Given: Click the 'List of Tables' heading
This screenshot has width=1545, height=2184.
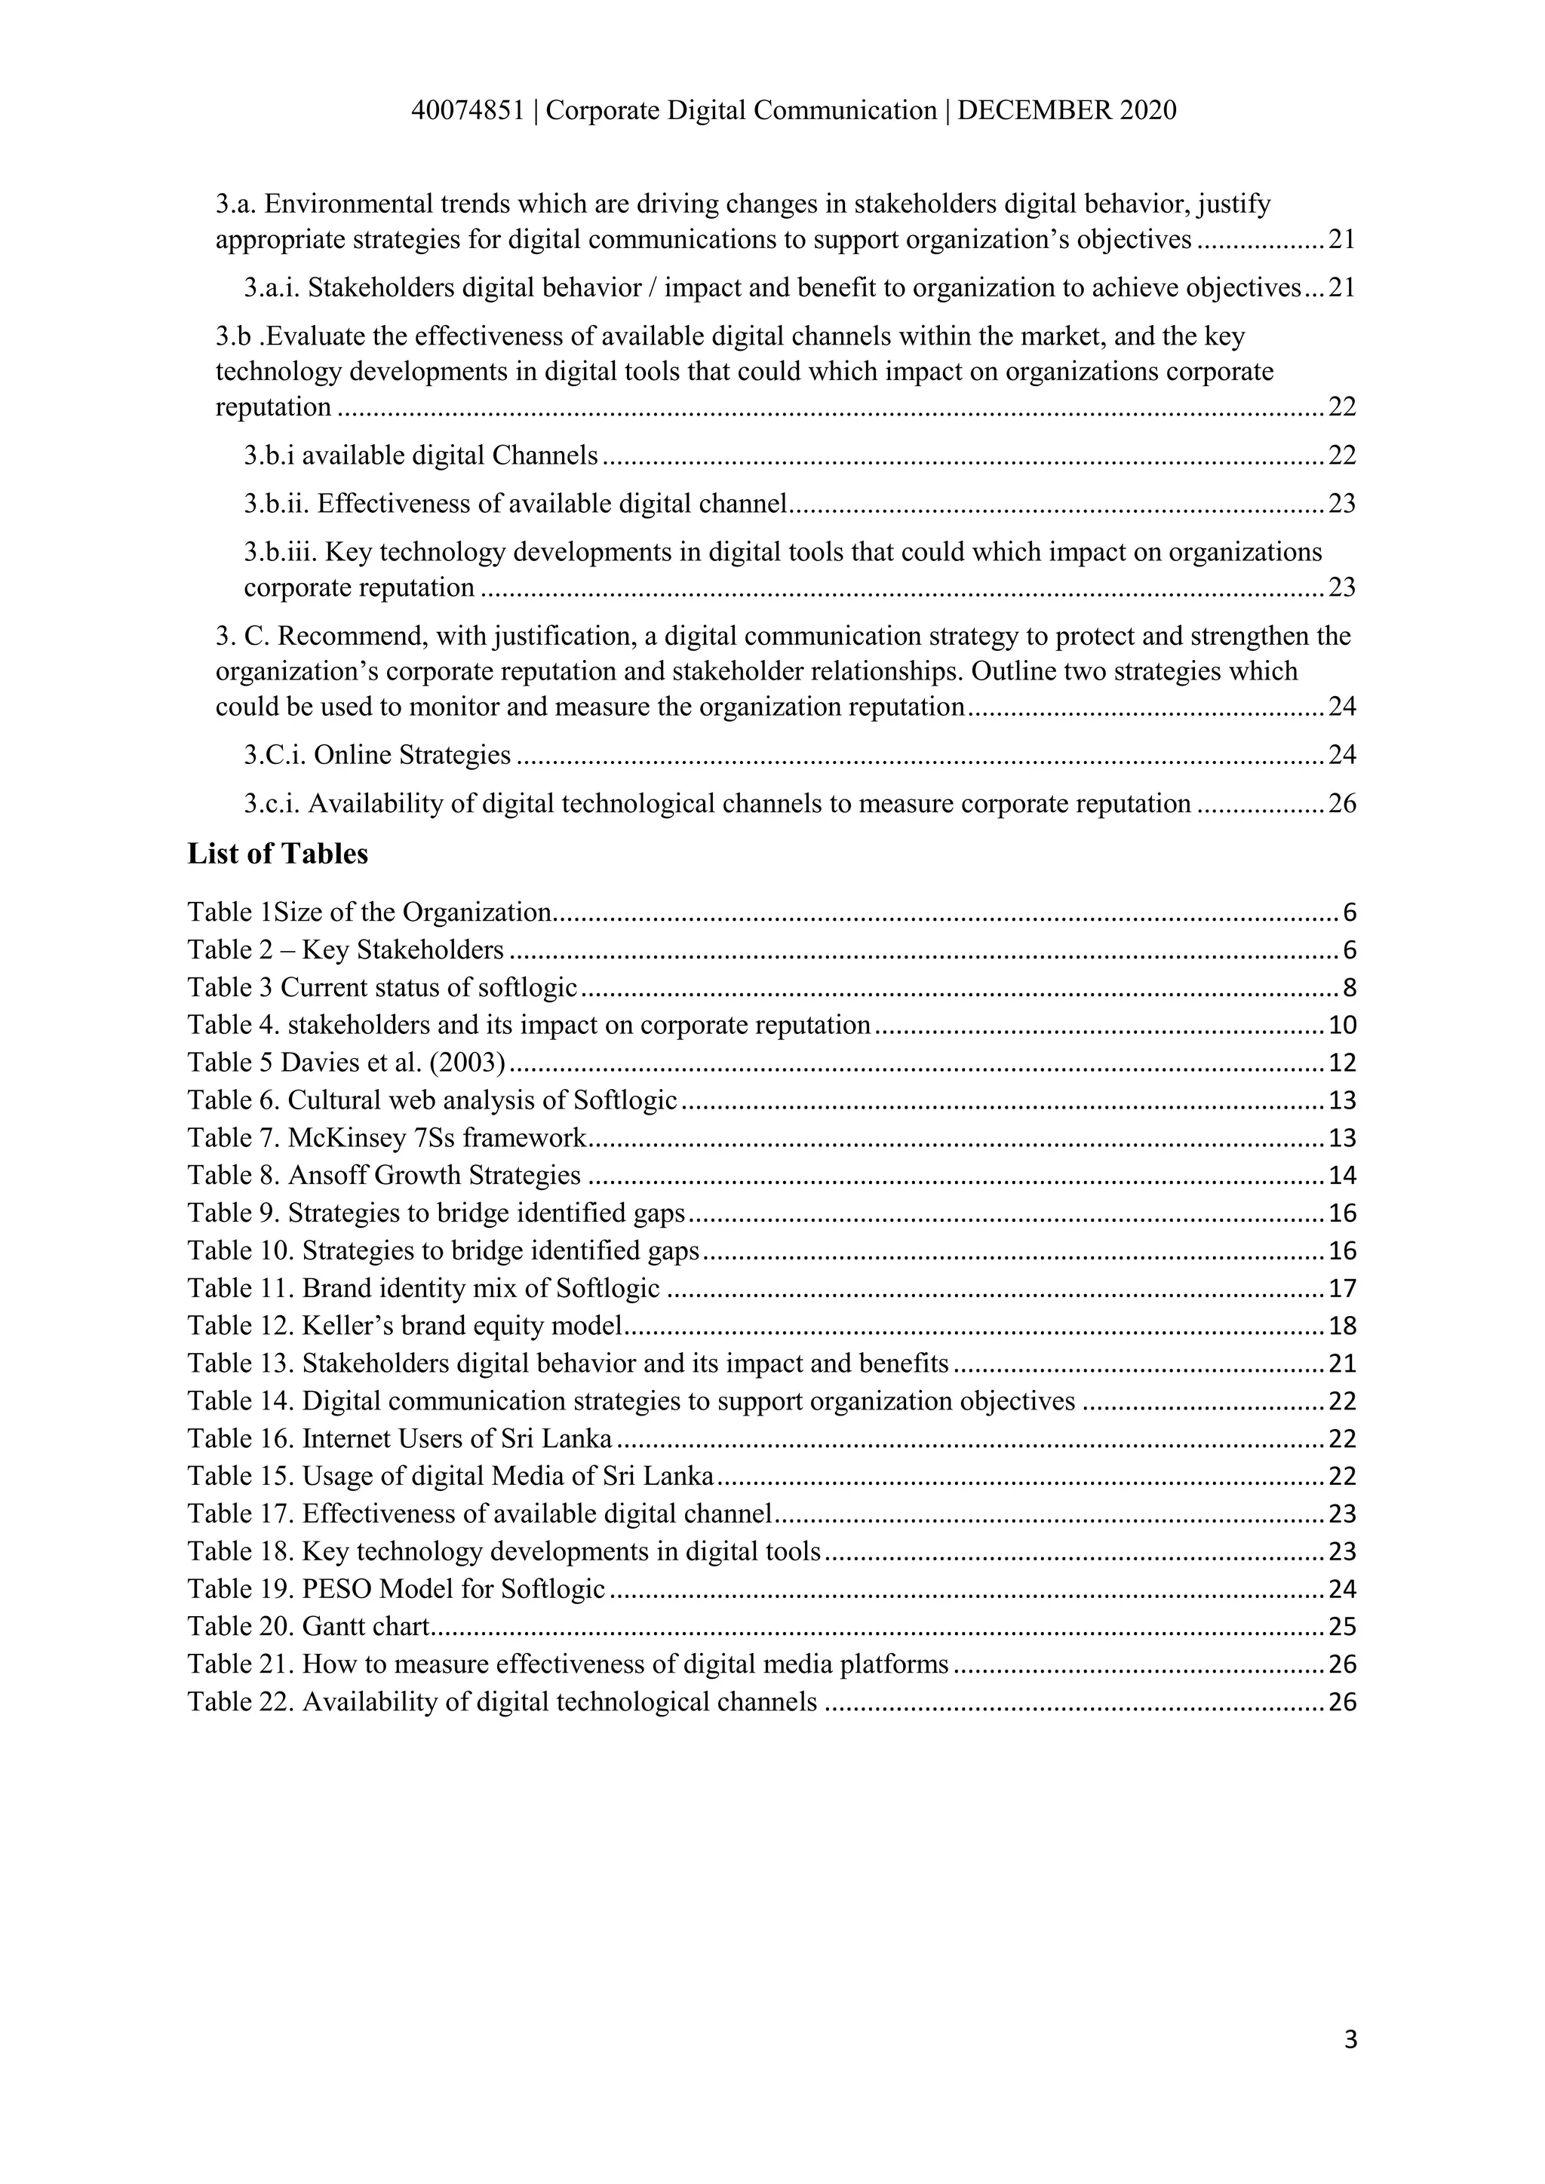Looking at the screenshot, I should pos(277,854).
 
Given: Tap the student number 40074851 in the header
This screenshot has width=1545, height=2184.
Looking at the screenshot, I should pos(467,112).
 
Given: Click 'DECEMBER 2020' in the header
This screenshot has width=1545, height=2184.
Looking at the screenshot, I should pos(1067,112).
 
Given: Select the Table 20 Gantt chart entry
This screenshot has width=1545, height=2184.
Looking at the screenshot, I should pos(309,1627).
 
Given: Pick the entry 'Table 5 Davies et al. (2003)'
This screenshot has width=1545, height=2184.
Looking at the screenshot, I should pos(346,1063).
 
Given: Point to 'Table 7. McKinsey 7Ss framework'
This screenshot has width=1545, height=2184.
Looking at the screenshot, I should pos(386,1138).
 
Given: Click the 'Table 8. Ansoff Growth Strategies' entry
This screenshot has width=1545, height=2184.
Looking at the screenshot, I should pos(383,1176).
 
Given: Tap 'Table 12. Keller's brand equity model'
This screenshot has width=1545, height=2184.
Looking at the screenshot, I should pos(404,1326).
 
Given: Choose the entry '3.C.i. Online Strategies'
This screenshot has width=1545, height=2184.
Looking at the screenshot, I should pos(376,755).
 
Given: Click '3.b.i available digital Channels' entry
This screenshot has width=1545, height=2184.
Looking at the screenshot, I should pos(420,456).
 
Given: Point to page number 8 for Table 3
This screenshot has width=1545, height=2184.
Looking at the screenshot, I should pos(1349,989).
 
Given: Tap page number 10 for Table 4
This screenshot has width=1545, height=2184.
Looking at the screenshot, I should pos(1341,1026).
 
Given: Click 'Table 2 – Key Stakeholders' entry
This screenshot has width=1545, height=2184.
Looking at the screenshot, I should pos(346,950).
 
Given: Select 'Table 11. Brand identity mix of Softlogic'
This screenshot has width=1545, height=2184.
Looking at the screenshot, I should pos(423,1289).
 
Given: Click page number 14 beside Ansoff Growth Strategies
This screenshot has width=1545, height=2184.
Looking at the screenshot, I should pos(1341,1176).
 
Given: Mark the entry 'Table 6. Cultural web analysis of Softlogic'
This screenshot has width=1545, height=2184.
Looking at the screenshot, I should pos(432,1100).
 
